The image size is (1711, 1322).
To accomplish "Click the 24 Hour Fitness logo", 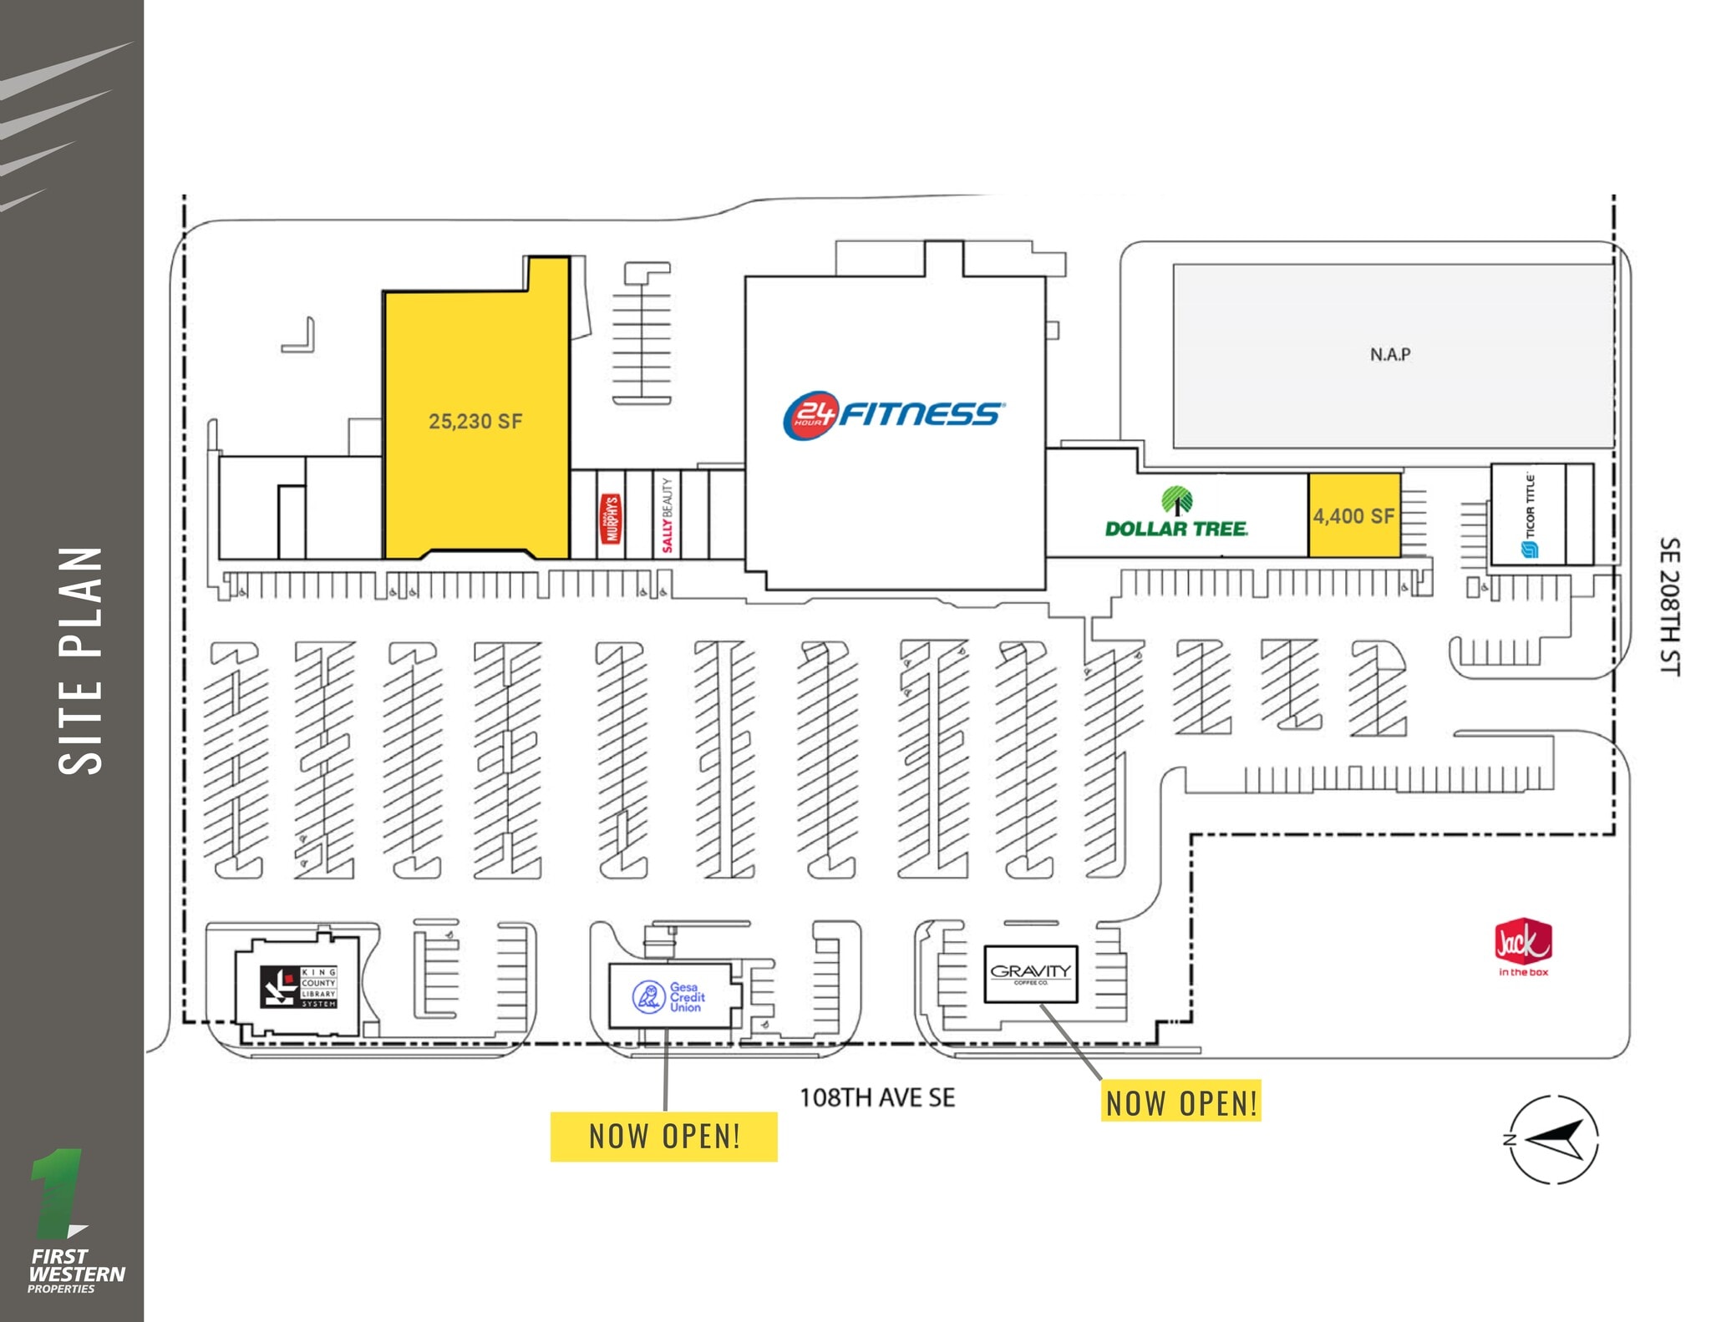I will click(893, 413).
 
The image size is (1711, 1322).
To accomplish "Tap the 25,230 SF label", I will click(475, 422).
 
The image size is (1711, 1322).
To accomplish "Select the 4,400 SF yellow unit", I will click(1353, 516).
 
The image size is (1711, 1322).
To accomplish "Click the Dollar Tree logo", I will click(1176, 528).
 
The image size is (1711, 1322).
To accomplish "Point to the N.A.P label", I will click(1390, 355).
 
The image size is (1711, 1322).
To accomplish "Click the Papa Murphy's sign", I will click(612, 519).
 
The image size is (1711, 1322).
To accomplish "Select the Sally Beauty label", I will click(667, 515).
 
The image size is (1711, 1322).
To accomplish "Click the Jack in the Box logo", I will click(1522, 947).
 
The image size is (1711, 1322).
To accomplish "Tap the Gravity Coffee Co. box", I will click(1031, 974).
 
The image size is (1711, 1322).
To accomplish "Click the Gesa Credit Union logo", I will click(669, 997).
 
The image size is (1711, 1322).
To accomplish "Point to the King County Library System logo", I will click(298, 986).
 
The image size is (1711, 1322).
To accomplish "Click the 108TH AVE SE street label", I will click(877, 1097).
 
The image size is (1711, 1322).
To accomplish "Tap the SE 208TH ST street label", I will click(1669, 606).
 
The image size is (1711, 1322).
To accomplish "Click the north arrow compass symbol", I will click(1554, 1139).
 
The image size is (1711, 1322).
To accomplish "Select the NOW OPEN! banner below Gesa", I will click(664, 1137).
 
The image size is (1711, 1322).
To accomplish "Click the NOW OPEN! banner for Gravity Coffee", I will click(1181, 1102).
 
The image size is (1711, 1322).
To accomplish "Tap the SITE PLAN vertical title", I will click(81, 660).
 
